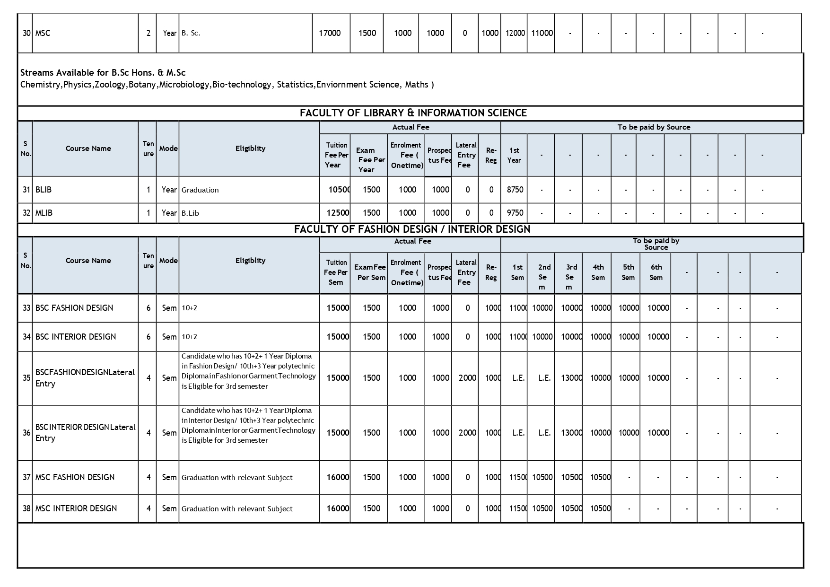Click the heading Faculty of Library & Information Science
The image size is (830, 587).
(x=413, y=113)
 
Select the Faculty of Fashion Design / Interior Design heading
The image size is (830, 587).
(x=412, y=229)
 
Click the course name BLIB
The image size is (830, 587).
(x=44, y=190)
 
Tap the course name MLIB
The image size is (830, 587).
(x=44, y=213)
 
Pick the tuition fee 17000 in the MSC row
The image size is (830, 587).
(x=330, y=33)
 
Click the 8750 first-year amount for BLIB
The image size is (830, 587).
(x=515, y=190)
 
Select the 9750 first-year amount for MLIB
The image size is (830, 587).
(x=515, y=213)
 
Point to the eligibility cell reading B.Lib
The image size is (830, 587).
(x=190, y=213)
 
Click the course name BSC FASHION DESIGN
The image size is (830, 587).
(x=74, y=308)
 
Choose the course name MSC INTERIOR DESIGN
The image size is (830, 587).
(x=76, y=508)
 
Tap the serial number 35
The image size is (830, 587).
(x=26, y=378)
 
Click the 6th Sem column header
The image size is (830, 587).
(x=656, y=272)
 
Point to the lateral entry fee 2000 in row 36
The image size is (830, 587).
(x=467, y=433)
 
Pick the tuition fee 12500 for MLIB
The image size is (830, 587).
(x=338, y=213)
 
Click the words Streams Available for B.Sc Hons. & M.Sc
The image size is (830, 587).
(x=103, y=73)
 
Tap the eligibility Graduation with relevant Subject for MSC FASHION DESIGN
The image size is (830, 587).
(x=237, y=478)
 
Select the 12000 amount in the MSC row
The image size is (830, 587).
(x=515, y=33)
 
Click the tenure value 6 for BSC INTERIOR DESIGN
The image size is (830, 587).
(x=149, y=337)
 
